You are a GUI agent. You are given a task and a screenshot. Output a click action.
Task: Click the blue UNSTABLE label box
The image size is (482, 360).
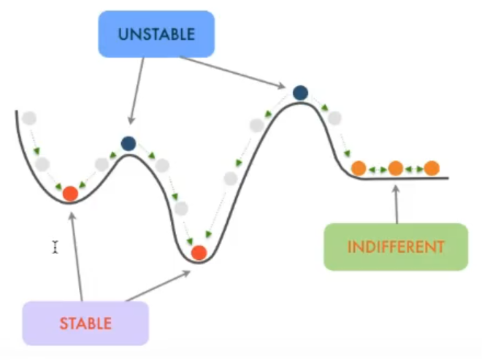[x=156, y=34]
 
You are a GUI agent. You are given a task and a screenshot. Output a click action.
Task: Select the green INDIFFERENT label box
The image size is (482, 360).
[x=395, y=247]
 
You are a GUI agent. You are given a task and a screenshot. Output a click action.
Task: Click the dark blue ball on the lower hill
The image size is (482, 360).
[x=129, y=144]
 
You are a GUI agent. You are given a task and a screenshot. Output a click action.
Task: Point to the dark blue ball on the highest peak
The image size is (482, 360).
[x=300, y=93]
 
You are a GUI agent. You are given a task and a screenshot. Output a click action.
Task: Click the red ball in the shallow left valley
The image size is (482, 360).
[x=70, y=194]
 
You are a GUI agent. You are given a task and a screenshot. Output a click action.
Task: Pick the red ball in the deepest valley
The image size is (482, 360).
[x=199, y=253]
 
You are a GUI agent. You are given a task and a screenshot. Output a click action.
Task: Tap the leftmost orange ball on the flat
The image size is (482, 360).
[x=359, y=169]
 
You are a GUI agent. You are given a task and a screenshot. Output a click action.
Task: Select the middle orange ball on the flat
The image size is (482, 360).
[x=395, y=169]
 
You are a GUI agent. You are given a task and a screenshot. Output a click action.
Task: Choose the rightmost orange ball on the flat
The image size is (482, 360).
[x=432, y=169]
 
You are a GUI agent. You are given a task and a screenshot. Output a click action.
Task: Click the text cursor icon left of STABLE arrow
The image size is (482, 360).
[x=55, y=248]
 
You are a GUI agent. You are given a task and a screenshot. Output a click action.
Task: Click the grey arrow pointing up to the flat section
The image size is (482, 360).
[x=397, y=203]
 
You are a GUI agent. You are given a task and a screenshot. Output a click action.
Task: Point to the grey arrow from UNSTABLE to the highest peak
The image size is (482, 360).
[x=234, y=72]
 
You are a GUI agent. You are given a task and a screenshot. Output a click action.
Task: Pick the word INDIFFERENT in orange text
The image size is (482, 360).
[x=395, y=247]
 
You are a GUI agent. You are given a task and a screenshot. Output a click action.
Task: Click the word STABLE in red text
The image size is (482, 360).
[x=85, y=323]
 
